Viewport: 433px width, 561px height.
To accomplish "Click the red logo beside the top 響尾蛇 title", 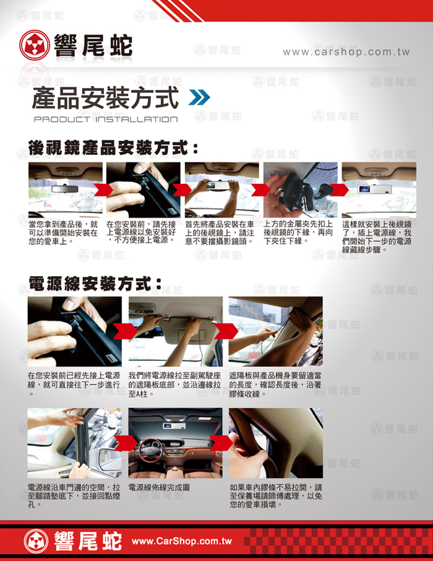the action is (x=34, y=45).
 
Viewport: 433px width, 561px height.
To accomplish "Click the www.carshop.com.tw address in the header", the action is (x=346, y=52).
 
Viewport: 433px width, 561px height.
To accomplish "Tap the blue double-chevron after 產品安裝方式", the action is (x=199, y=98).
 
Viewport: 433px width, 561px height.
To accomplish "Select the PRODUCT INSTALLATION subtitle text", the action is (x=106, y=119).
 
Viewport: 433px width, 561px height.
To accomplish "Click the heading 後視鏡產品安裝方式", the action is (x=113, y=148).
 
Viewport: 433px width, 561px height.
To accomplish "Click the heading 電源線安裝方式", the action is (x=95, y=284).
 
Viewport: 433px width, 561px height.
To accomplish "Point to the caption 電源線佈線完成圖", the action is (x=159, y=487).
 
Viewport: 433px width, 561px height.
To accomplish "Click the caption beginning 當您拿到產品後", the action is (x=63, y=233).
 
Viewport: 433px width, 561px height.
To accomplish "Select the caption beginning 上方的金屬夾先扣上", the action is (x=298, y=233).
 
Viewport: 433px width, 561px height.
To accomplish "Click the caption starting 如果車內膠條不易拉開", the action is (x=276, y=496).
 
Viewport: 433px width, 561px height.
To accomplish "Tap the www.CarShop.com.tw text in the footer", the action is (x=182, y=541).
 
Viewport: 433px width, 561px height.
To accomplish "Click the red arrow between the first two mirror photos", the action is (x=104, y=189).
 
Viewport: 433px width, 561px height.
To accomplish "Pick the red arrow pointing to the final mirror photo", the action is (x=339, y=190).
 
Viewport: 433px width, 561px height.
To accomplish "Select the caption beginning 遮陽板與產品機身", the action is (x=275, y=385).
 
